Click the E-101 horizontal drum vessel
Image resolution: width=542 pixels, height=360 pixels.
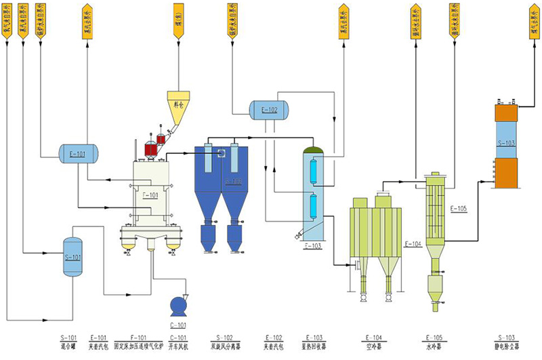pyautogui.click(x=78, y=153)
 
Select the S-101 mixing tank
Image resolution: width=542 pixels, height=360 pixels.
pyautogui.click(x=72, y=257)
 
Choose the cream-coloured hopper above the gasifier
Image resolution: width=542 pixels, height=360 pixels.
pyautogui.click(x=178, y=104)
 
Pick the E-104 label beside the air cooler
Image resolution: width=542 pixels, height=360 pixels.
pyautogui.click(x=413, y=243)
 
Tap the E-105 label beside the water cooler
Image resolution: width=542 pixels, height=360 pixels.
pyautogui.click(x=458, y=208)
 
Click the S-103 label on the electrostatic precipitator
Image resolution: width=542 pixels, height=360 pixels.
pyautogui.click(x=505, y=143)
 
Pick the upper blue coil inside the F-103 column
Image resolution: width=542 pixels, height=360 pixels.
pyautogui.click(x=313, y=170)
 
